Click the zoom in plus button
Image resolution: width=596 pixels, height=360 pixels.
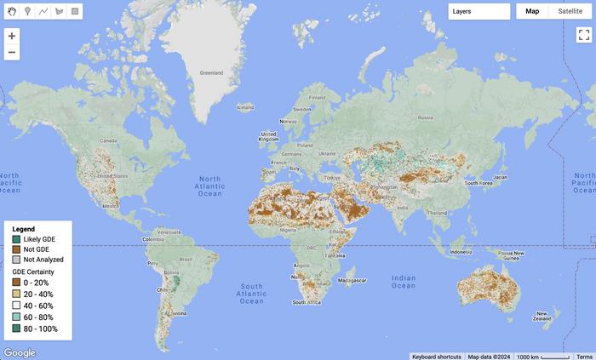11,36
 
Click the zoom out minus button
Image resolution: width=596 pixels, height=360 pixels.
11,53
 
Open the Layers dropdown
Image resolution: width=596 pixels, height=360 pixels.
479,11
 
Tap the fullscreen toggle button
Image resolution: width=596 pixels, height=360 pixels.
583,35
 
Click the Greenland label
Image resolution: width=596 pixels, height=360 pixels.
210,73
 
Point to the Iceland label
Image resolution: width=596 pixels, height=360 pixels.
245,107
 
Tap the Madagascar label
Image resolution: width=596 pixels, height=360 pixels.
352,280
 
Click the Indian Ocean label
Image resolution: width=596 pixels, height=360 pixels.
404,281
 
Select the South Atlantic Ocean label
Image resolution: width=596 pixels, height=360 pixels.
251,294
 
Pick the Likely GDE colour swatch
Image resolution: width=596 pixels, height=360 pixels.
16,239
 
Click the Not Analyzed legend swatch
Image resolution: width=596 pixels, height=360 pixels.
16,260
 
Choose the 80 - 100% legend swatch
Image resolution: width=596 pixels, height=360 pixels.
16,329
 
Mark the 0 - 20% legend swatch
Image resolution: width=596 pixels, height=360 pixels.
16,281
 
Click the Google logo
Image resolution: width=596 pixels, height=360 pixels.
20,352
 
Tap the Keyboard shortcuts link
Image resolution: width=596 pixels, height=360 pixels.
438,357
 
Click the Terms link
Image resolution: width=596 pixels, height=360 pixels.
585,357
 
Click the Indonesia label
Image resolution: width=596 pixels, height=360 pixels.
461,252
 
